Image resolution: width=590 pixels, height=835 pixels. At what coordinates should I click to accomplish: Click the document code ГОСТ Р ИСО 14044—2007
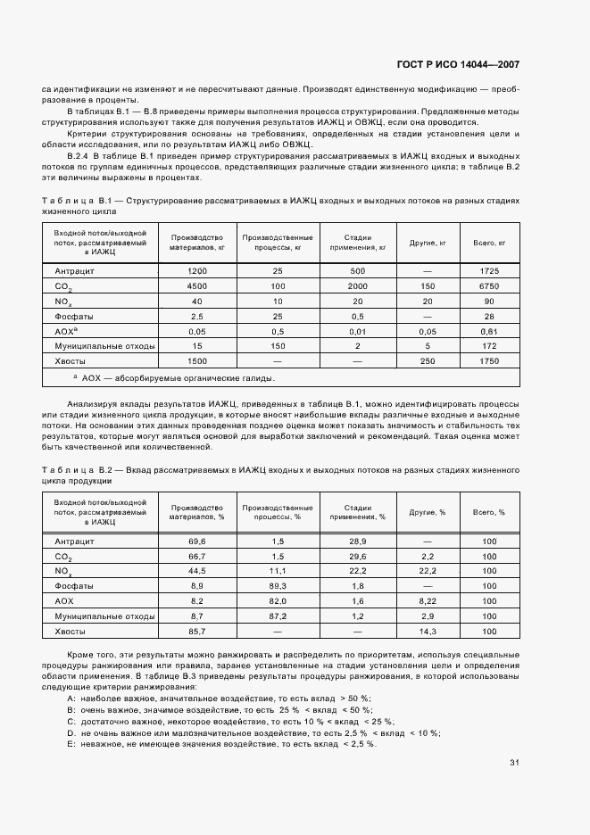pos(456,65)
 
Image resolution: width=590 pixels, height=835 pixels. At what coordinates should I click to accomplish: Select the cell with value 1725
pos(489,270)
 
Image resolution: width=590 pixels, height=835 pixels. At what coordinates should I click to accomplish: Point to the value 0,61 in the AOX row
pos(489,331)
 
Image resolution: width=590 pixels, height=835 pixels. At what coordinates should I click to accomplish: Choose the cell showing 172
pos(489,345)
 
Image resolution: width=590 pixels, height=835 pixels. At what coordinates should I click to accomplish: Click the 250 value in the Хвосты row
pos(428,360)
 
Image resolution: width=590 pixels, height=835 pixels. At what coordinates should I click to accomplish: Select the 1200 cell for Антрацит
pos(196,270)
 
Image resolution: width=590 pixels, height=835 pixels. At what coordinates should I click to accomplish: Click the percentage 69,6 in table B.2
pos(196,542)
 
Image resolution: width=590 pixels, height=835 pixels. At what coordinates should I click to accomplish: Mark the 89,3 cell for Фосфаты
pos(277,586)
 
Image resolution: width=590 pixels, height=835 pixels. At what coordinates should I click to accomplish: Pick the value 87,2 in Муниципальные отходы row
pos(277,616)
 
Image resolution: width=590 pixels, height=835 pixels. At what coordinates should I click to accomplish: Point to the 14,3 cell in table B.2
pos(428,632)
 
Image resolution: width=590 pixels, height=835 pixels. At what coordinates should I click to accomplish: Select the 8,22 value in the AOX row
pos(428,601)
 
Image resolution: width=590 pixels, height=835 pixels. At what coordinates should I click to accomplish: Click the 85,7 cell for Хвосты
pos(196,632)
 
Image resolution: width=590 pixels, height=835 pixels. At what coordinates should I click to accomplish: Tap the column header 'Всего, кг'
pos(489,242)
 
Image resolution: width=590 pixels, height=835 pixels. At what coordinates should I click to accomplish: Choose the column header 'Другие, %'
pos(428,512)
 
